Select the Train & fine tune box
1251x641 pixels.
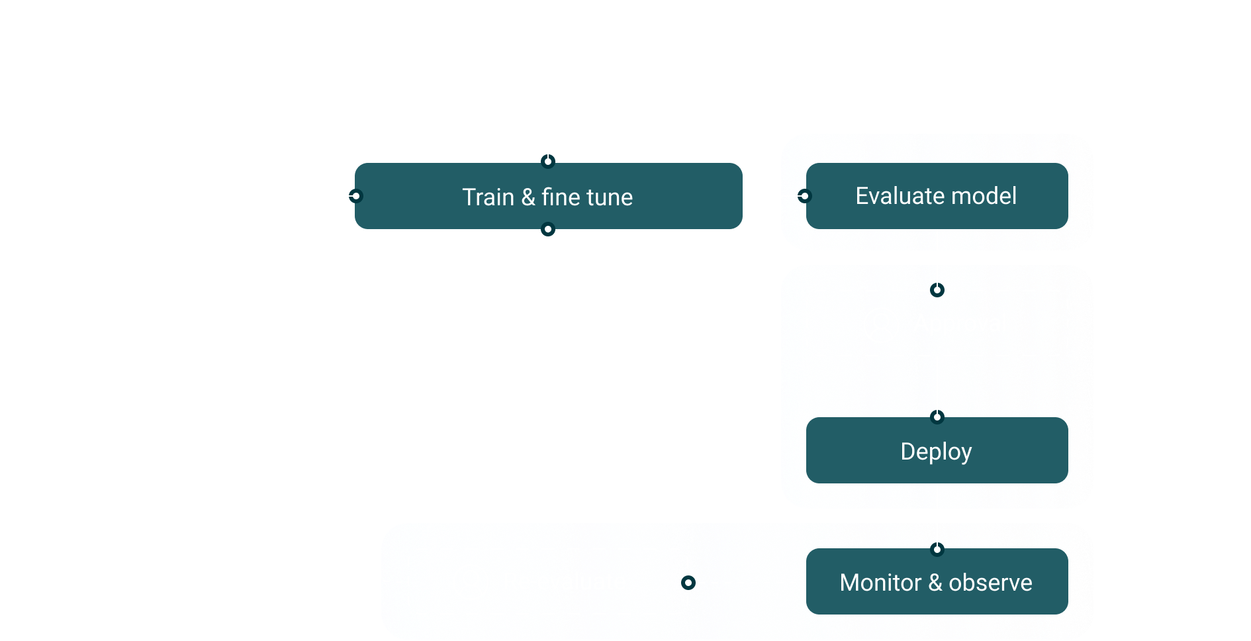coord(548,197)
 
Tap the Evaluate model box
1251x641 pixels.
coord(937,196)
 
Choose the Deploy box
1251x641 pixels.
coord(937,451)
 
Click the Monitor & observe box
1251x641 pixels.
coord(937,582)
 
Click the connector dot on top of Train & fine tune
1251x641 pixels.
coord(547,162)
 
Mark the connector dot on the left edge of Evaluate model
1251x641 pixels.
coord(804,196)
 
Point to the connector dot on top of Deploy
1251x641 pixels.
coord(937,417)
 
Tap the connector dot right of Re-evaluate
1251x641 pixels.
coord(688,583)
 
